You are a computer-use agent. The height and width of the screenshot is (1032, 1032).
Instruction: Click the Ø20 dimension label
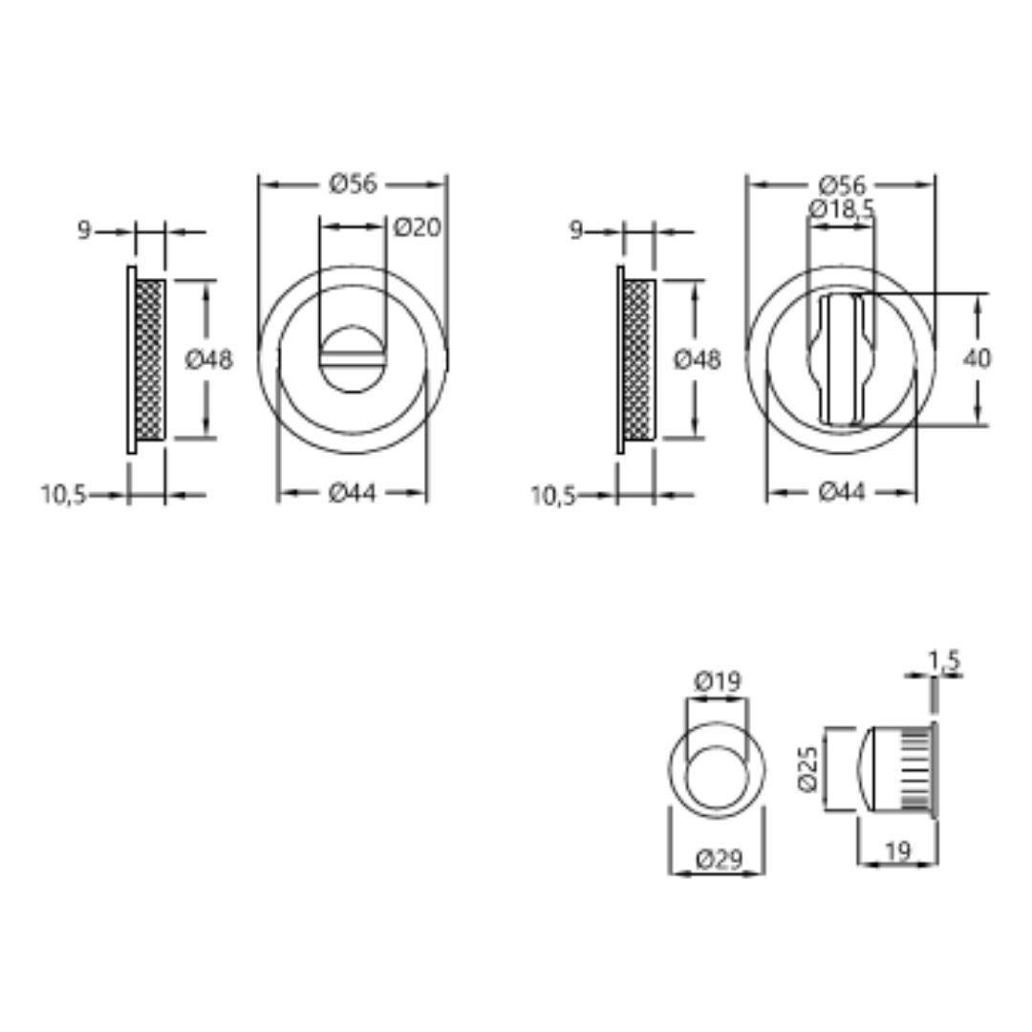click(x=417, y=227)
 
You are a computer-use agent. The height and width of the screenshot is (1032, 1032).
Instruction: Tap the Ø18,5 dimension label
click(x=842, y=209)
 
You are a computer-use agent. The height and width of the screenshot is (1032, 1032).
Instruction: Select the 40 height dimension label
click(x=977, y=358)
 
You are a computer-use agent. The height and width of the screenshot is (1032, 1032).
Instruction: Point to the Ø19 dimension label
click(x=717, y=680)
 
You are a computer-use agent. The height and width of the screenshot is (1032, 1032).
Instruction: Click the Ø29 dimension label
click(x=719, y=859)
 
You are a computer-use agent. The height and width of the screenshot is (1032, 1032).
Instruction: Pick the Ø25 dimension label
click(x=807, y=768)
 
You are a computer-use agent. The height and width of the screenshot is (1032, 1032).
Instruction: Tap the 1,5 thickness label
click(x=944, y=659)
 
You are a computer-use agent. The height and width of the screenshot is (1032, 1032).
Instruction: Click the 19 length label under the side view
click(x=897, y=851)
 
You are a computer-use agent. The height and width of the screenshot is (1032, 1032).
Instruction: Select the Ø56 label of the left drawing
click(x=353, y=183)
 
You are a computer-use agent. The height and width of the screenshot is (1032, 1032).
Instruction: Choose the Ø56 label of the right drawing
click(x=842, y=184)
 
